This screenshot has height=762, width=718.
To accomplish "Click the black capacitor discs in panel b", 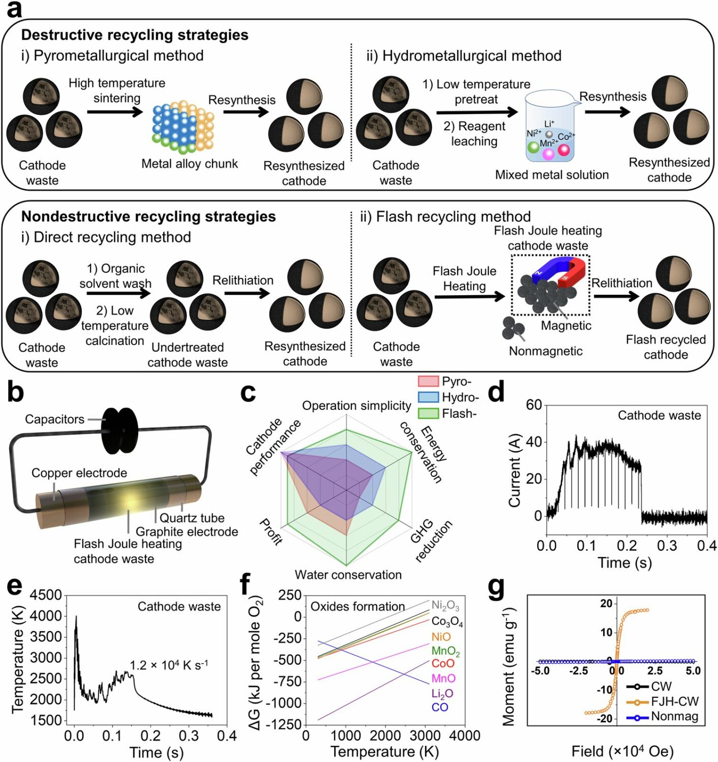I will coord(119,430).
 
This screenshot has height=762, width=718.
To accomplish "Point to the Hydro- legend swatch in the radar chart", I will coord(428,397).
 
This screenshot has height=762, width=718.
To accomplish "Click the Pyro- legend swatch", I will coord(428,381).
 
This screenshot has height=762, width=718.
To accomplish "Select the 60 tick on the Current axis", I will coord(534,405).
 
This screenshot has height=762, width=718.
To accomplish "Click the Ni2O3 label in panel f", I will coord(445,605).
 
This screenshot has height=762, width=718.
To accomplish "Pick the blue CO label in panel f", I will coord(440,707).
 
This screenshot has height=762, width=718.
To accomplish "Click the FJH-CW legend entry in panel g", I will coord(674,701).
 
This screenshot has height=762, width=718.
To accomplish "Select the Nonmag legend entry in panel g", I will coord(674,717).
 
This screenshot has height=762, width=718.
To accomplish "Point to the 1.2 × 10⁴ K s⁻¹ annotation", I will coord(169,665).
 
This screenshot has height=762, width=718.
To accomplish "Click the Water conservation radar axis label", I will coord(348,575).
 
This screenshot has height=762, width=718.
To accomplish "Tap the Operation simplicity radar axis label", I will coord(356,406).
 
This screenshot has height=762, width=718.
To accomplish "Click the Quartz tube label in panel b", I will coord(192,518).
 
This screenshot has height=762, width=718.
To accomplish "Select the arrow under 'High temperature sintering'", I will coord(115,110).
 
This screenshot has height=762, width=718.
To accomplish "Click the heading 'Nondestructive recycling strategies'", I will coord(148,216).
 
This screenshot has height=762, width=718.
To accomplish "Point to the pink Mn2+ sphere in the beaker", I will coord(548,153).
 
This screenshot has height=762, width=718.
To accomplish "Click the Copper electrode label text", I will coord(79,473).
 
